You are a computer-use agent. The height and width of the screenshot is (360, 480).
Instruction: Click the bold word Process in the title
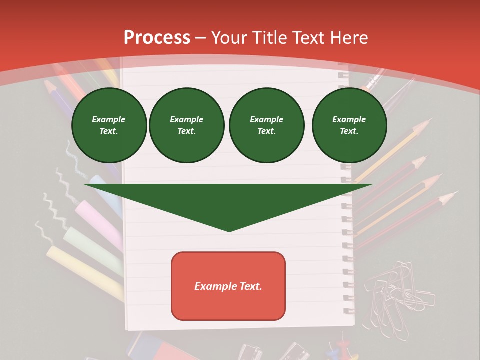[x=157, y=38]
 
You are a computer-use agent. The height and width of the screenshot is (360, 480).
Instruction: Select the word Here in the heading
[x=348, y=38]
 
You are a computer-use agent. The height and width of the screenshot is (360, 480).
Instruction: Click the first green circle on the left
[x=109, y=125]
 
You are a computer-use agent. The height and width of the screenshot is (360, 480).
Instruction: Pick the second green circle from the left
[x=186, y=125]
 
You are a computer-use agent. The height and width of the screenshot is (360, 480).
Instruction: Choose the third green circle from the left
[x=266, y=125]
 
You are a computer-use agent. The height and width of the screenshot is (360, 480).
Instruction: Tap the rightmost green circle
[x=349, y=125]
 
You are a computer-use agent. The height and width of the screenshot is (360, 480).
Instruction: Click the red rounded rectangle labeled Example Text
[x=228, y=286]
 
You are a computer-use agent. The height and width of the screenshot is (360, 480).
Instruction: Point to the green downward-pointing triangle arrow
[x=228, y=202]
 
